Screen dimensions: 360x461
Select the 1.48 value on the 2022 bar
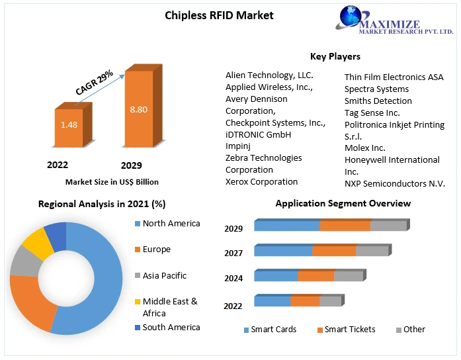coord(69,124)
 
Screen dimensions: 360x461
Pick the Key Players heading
coord(335,57)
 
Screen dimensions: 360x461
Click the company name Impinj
coord(238,146)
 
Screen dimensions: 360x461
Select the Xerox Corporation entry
coord(261,181)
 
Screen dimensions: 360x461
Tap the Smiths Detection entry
coord(378,101)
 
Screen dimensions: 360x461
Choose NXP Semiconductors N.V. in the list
coord(394,183)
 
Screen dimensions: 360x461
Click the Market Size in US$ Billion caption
coord(112,181)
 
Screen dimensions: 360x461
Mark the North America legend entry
coord(171,224)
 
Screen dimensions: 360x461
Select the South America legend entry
coord(171,327)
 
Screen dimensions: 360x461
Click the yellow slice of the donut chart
coord(38,243)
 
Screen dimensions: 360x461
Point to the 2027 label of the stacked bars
coord(233,253)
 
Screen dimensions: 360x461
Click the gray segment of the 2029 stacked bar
coord(388,226)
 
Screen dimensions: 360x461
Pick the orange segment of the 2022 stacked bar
coord(305,301)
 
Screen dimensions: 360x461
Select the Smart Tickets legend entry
coord(349,330)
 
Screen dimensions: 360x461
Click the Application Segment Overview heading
coord(343,203)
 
